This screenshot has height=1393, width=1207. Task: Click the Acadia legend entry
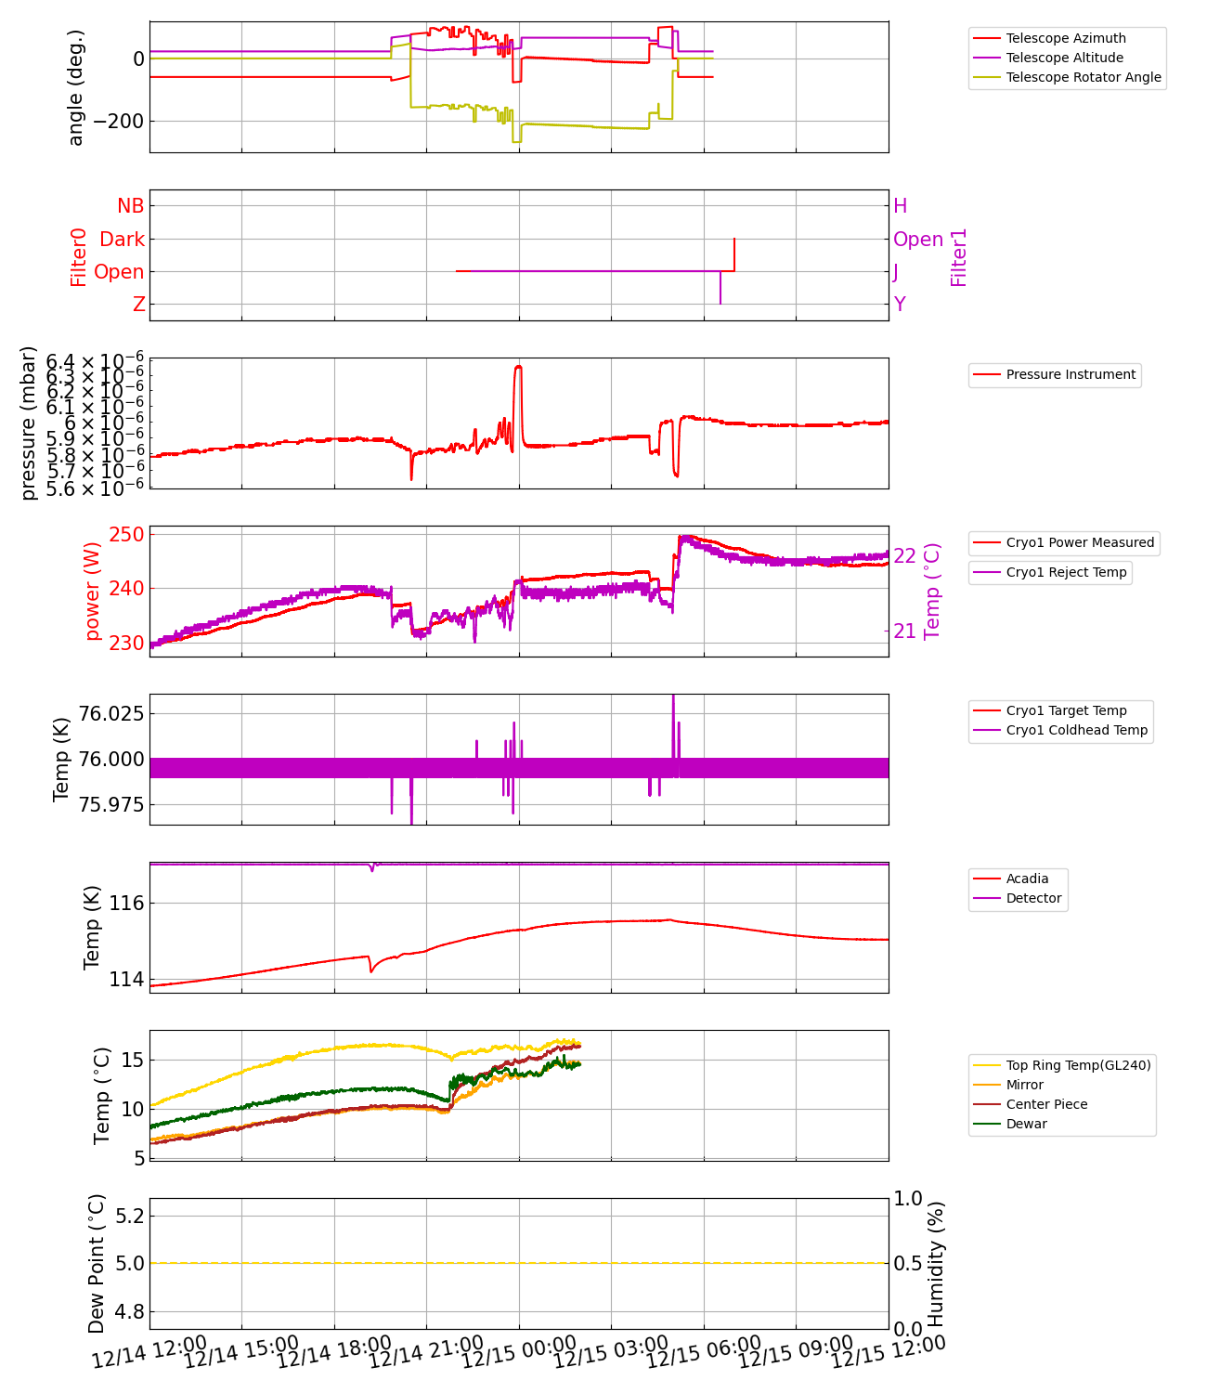tap(1027, 879)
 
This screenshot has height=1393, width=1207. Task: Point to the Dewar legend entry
tap(1026, 1124)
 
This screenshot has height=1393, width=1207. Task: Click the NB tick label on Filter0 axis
tap(130, 206)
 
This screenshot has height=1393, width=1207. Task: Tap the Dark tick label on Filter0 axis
tap(122, 240)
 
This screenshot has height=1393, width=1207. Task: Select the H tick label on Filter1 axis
tap(900, 206)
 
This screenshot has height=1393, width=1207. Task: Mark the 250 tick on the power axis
tap(126, 535)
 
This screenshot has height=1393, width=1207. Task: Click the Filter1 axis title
tap(959, 257)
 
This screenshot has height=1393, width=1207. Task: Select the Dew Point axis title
tap(97, 1263)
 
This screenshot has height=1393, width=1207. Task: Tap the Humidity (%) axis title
tap(936, 1263)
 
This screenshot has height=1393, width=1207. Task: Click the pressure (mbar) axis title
tap(29, 423)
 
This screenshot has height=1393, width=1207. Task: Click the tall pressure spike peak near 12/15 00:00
tap(518, 367)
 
